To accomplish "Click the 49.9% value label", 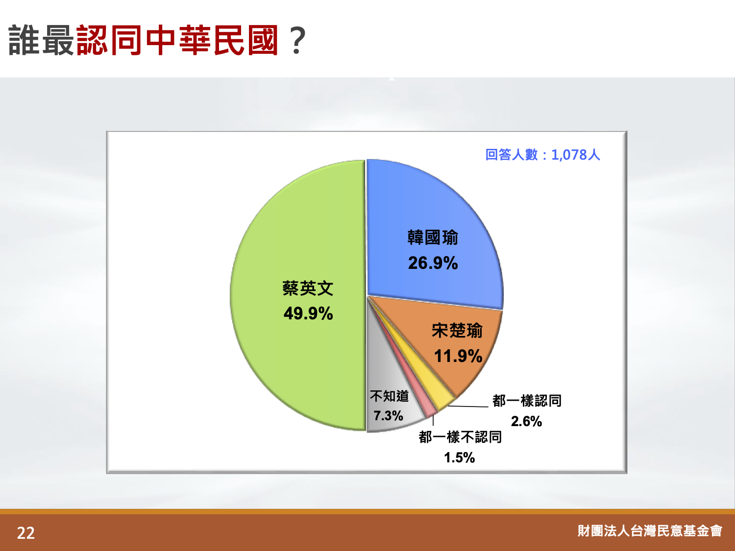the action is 308,314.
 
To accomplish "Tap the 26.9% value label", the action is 433,263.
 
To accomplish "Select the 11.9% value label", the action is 458,356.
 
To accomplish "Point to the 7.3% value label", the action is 389,416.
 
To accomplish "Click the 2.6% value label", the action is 526,422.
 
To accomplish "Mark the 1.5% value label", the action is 460,457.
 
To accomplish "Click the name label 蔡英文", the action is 308,288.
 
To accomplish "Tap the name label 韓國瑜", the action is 433,238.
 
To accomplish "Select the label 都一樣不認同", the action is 460,437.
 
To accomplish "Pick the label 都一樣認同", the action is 527,401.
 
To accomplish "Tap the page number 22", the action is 26,533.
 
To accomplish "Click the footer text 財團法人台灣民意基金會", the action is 650,531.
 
